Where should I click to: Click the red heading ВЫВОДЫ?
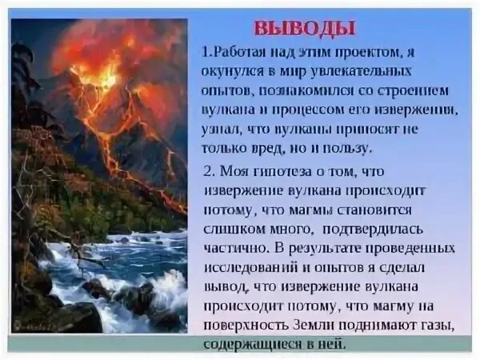(x=304, y=27)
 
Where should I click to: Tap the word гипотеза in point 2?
(x=286, y=173)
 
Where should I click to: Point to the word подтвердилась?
(x=392, y=228)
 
